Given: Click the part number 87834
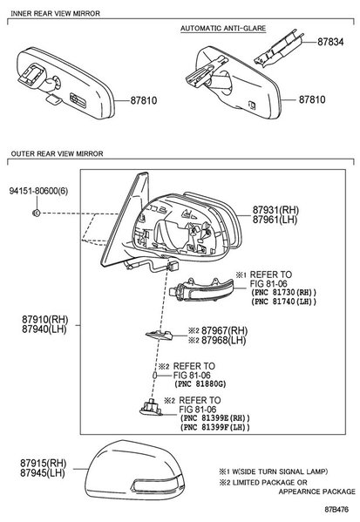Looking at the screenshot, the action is [x=330, y=42].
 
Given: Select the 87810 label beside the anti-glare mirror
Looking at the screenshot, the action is [x=312, y=99].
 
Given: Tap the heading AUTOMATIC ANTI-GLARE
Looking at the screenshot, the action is [x=223, y=28].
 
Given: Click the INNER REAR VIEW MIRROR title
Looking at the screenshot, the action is [x=55, y=14].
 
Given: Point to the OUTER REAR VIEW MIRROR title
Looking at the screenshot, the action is [x=57, y=153].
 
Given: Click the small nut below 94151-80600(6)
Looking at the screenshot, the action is [x=37, y=213].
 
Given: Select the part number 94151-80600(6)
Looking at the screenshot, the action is [x=38, y=191].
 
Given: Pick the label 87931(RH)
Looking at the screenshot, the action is [x=275, y=210].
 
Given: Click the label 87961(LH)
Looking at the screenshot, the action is [x=275, y=220].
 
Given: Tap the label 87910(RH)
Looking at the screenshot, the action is [x=45, y=320].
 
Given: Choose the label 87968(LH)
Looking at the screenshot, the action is [x=224, y=340].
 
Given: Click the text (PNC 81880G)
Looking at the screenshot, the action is [x=200, y=383].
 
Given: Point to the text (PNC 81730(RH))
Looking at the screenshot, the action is [x=283, y=292].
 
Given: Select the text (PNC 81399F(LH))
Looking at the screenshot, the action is [x=214, y=427].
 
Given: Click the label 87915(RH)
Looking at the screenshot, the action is [x=44, y=463].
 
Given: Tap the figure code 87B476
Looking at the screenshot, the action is [x=336, y=510].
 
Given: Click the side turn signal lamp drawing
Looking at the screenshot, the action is [x=202, y=289].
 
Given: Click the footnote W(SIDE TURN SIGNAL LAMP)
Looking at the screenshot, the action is [x=280, y=471].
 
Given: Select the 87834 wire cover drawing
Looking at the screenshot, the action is [x=279, y=49].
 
